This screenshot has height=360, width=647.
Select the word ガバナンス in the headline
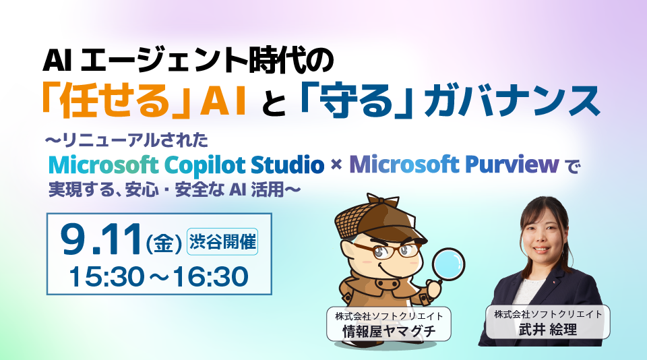click(x=512, y=100)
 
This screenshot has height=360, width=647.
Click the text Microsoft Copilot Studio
click(x=187, y=164)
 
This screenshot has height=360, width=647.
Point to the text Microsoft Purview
click(x=454, y=164)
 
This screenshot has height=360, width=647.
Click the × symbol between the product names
click(x=337, y=165)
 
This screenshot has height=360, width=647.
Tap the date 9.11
click(x=100, y=240)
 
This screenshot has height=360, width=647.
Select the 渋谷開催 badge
click(x=223, y=241)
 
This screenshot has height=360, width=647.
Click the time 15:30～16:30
click(x=158, y=276)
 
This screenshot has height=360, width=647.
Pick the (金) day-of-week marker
click(x=164, y=243)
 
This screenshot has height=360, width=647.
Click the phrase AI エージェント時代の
click(x=188, y=61)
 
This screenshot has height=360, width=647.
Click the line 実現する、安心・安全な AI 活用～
click(x=173, y=190)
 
